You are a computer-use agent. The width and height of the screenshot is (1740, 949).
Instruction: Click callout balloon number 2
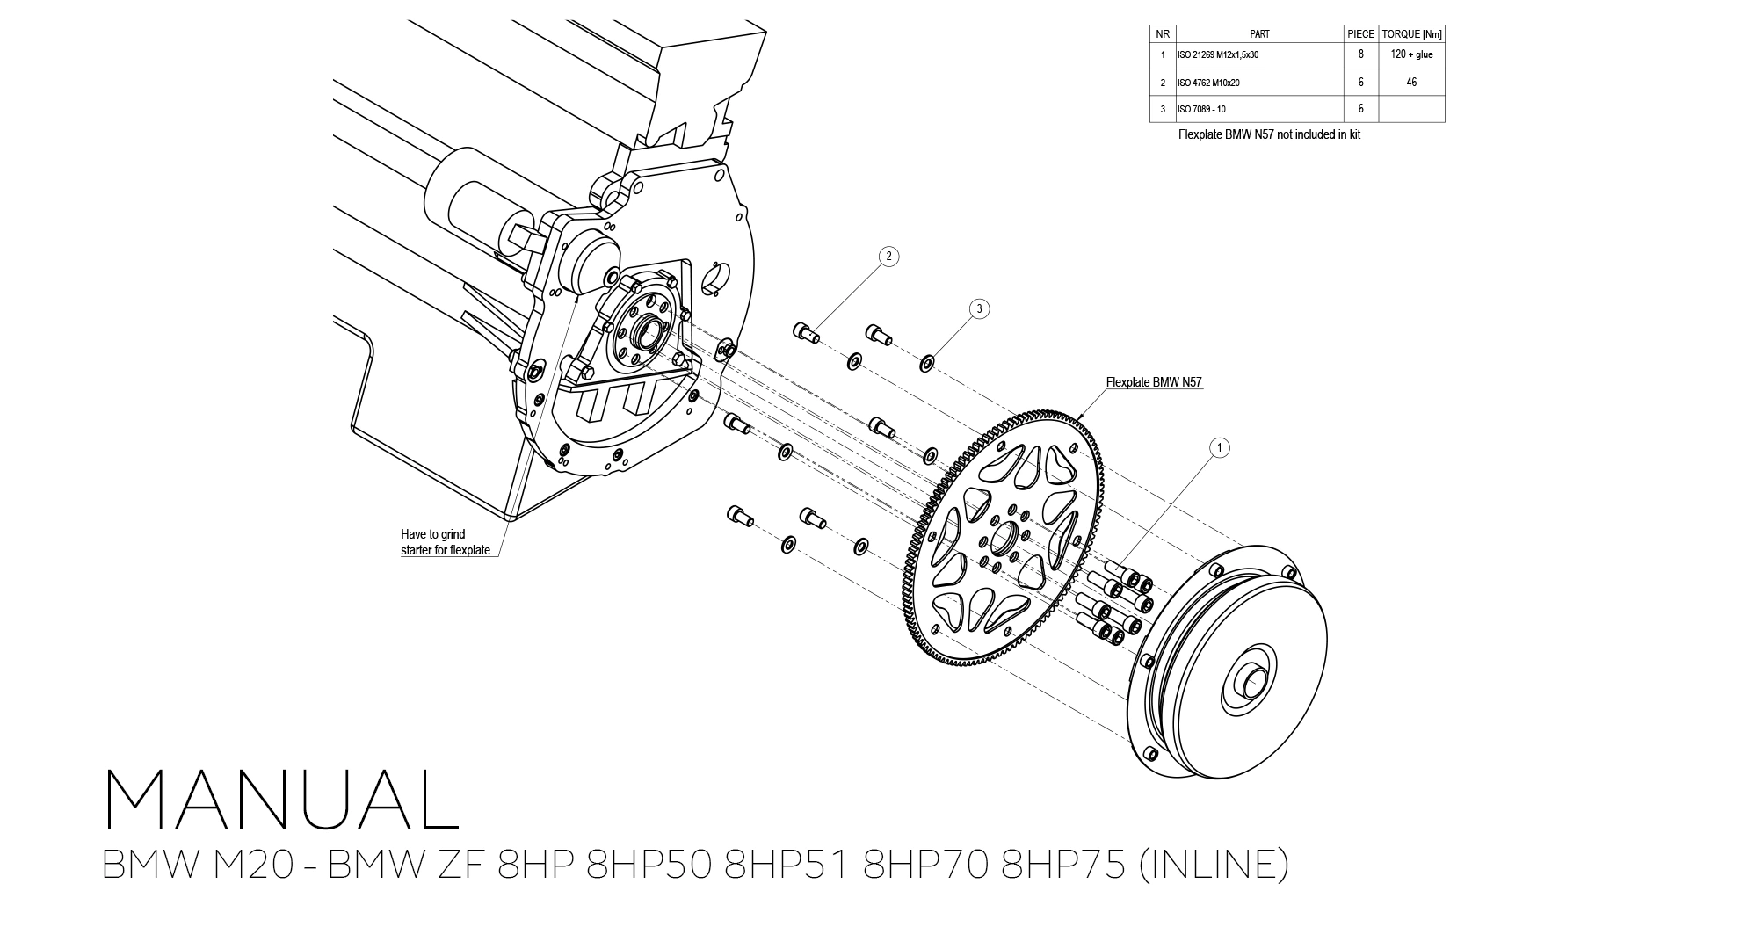888,257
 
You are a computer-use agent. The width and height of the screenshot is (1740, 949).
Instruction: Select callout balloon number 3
979,308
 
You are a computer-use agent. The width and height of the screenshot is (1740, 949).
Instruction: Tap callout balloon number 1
1219,448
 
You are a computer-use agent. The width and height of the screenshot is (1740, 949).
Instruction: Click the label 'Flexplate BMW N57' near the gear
1153,382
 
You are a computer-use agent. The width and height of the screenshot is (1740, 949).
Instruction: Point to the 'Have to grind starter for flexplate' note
445,542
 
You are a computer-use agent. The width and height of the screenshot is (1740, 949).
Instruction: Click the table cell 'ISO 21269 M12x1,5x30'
1217,54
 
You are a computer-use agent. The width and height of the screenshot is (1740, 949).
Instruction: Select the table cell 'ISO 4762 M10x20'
1208,83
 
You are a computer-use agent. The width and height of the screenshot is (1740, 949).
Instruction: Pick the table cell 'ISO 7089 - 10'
1201,110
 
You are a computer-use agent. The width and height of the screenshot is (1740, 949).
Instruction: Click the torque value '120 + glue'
1411,54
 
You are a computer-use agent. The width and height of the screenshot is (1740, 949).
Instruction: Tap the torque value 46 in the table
1411,83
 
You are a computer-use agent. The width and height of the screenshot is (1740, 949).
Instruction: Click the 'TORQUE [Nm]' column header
1411,34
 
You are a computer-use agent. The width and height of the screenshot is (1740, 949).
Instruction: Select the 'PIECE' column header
1360,34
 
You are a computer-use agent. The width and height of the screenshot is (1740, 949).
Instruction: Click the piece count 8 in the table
1360,54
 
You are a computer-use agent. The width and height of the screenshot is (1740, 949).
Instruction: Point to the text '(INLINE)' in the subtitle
1213,865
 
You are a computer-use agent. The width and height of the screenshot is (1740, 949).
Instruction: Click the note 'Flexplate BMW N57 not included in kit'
1269,135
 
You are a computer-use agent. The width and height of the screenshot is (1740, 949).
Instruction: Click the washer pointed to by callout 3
926,362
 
